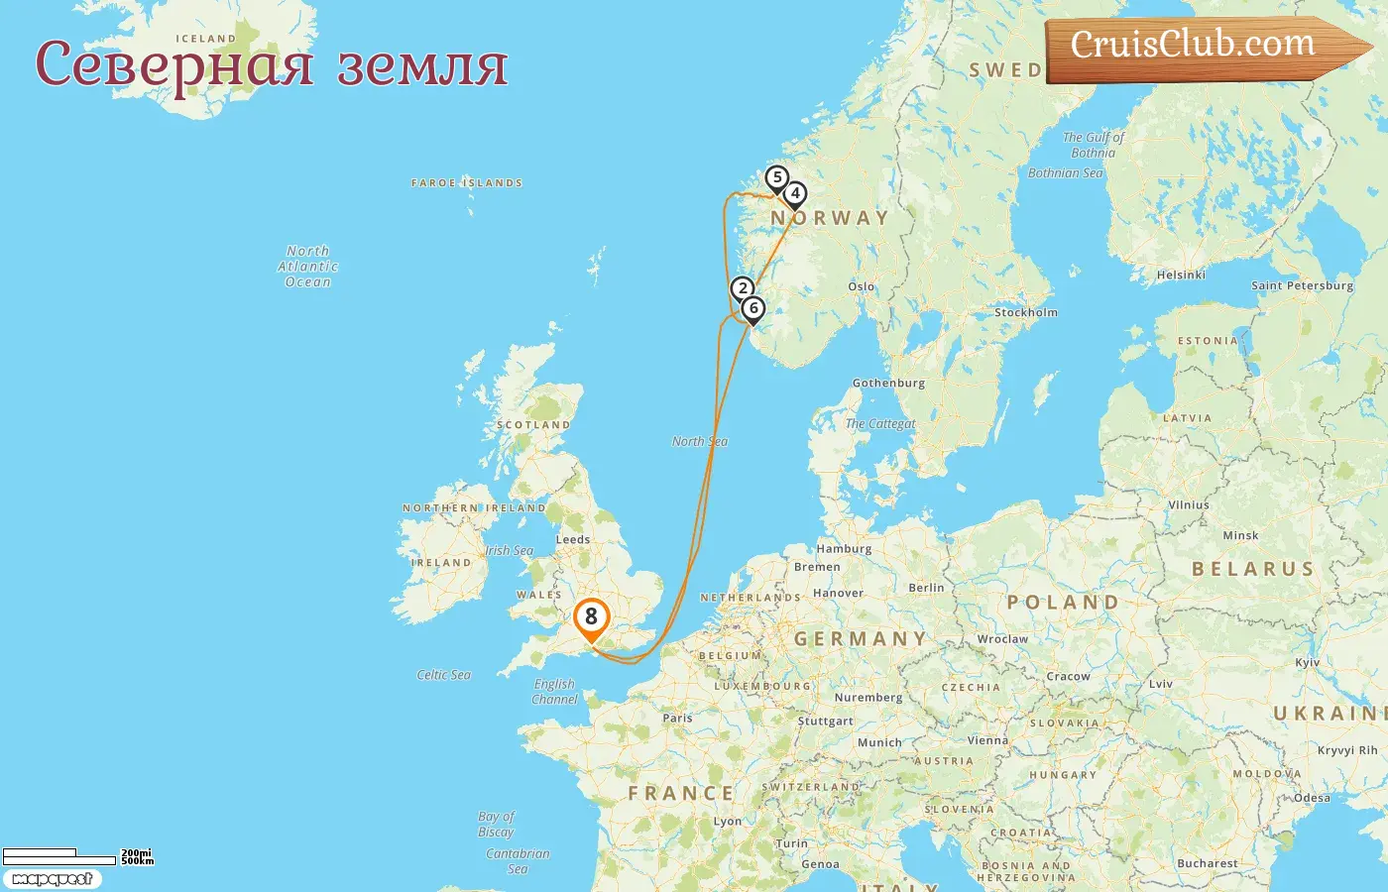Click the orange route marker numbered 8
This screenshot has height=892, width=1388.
[591, 617]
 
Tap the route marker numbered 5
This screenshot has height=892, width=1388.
[777, 178]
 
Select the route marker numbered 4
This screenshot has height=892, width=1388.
[795, 194]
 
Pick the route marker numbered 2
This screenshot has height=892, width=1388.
[743, 289]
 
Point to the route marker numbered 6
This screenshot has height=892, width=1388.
[753, 308]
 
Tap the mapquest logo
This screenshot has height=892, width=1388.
[52, 879]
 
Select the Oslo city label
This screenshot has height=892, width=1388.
[862, 286]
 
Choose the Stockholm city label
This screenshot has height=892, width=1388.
[1025, 312]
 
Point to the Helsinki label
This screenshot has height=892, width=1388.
[1181, 275]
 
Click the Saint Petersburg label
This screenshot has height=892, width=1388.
[1302, 285]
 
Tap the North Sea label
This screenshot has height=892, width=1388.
[700, 441]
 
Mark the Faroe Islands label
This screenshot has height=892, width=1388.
[467, 183]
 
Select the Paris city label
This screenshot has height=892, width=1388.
[677, 718]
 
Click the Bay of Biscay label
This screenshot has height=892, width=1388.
[497, 824]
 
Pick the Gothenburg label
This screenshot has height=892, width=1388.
[888, 383]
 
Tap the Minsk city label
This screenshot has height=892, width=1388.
[1240, 535]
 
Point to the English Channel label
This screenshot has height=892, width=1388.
[554, 691]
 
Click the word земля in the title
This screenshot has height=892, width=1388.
[422, 65]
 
